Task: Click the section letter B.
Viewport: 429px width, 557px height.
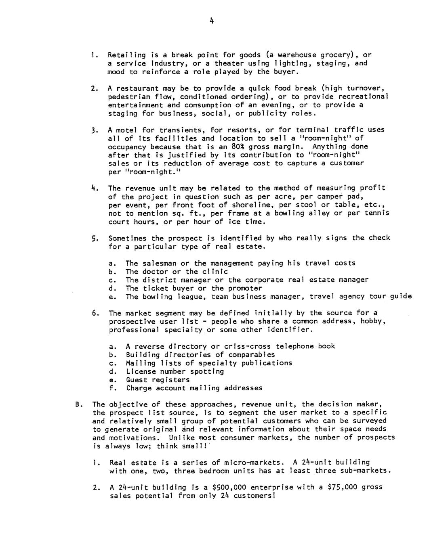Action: pyautogui.click(x=78, y=404)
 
